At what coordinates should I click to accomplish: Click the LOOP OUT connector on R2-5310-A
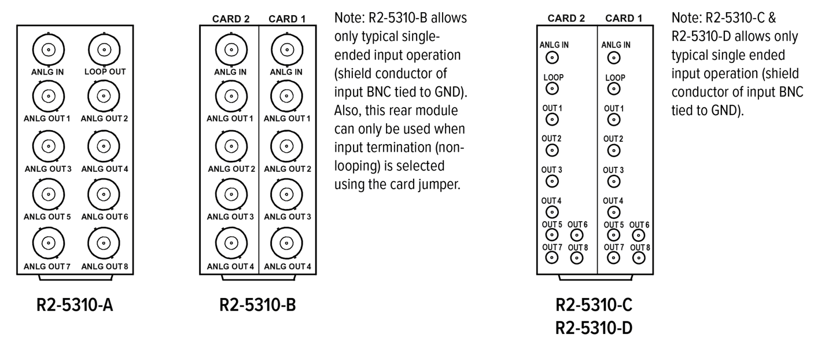pos(104,50)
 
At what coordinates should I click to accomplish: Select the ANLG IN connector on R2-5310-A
pos(49,50)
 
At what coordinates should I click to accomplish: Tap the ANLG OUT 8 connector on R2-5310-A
pos(104,243)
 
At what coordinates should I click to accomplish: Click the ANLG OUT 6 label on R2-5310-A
pos(104,216)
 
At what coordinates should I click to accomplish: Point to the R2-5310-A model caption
pos(75,304)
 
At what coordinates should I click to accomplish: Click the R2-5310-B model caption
pos(257,304)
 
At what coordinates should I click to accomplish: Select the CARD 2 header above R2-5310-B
pos(231,19)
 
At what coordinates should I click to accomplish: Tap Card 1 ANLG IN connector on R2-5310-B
pos(287,50)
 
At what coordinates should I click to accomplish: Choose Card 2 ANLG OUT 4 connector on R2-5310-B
pos(230,243)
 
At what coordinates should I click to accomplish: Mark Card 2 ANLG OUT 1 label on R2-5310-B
pos(230,119)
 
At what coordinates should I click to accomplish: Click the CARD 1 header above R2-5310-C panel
pos(624,19)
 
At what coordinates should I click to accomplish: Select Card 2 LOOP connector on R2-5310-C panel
pos(553,88)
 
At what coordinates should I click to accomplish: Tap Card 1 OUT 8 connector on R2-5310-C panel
pos(638,258)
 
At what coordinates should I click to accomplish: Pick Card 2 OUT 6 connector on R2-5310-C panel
pos(576,235)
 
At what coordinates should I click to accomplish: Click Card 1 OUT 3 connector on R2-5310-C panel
pos(614,181)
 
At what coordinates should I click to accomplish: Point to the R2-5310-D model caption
pos(594,328)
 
